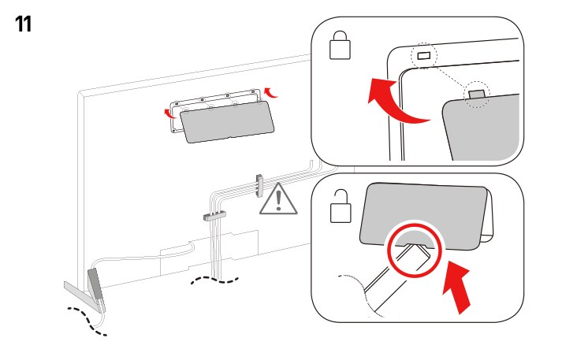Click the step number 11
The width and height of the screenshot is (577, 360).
[x=24, y=24]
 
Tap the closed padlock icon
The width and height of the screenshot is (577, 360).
[x=340, y=47]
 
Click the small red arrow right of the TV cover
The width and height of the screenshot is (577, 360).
[x=271, y=92]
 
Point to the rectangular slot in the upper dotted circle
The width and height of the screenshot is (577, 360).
[x=424, y=56]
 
